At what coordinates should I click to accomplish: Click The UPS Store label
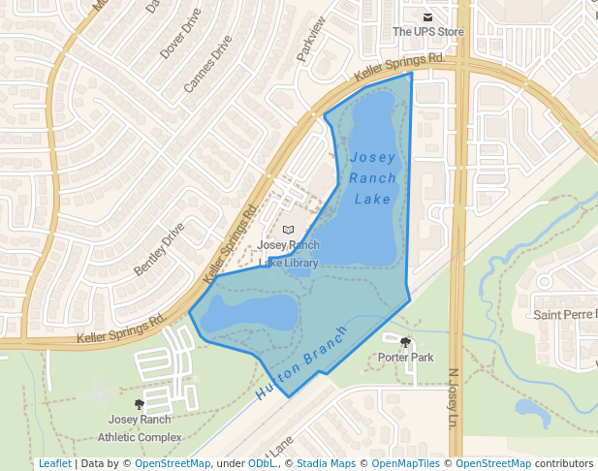pyautogui.click(x=427, y=32)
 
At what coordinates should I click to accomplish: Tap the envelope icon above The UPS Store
pyautogui.click(x=427, y=16)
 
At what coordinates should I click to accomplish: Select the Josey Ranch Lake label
pyautogui.click(x=373, y=178)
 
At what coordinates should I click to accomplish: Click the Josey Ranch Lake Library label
pyautogui.click(x=289, y=254)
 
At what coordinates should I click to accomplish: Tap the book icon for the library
pyautogui.click(x=288, y=230)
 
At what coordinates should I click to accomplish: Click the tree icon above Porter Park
pyautogui.click(x=405, y=342)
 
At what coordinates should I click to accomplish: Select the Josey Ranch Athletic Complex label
pyautogui.click(x=145, y=427)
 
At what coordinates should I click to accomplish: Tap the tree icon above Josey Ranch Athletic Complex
pyautogui.click(x=139, y=403)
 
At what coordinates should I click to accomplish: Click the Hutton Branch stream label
pyautogui.click(x=301, y=375)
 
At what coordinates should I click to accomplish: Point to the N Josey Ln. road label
pyautogui.click(x=453, y=398)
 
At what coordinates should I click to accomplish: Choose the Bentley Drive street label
pyautogui.click(x=159, y=249)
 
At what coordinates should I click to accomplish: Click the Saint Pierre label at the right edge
pyautogui.click(x=566, y=315)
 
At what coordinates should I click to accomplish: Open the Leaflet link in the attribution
pyautogui.click(x=54, y=463)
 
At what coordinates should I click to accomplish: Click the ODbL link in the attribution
pyautogui.click(x=262, y=463)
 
